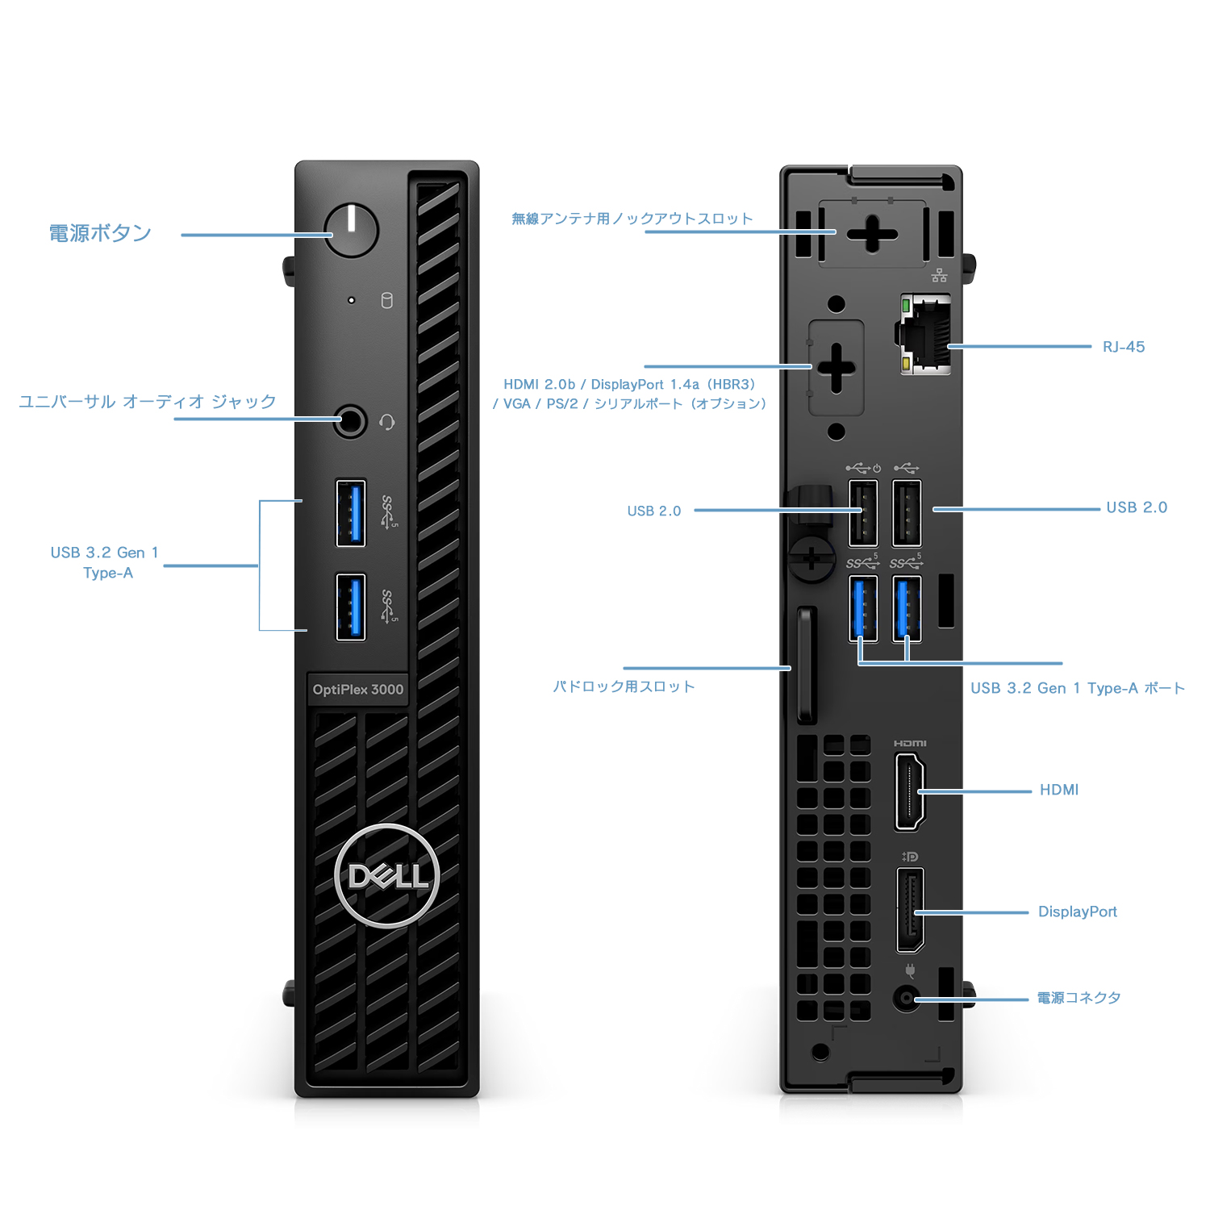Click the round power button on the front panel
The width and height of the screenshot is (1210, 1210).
click(351, 230)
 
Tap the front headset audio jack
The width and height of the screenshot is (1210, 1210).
click(350, 421)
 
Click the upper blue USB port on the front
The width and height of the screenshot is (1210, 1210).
click(351, 513)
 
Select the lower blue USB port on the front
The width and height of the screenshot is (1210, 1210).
click(351, 607)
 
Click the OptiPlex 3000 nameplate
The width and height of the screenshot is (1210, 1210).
click(358, 690)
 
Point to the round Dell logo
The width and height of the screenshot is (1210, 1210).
click(387, 876)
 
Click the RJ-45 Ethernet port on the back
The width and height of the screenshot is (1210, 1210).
click(925, 334)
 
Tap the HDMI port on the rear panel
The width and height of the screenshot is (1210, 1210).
click(909, 791)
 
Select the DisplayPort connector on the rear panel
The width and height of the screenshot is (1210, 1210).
click(910, 911)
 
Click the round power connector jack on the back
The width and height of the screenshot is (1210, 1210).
click(907, 999)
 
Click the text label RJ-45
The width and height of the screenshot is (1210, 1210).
click(1124, 347)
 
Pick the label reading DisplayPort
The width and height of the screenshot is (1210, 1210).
click(1078, 912)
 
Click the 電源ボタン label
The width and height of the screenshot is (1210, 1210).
click(100, 233)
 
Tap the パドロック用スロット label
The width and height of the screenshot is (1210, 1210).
click(624, 686)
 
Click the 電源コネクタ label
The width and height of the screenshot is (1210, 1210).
click(1079, 998)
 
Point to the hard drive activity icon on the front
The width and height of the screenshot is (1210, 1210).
click(387, 300)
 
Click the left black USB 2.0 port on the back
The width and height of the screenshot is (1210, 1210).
click(863, 513)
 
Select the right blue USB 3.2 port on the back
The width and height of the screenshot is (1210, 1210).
click(907, 609)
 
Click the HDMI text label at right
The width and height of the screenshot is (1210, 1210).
click(1059, 790)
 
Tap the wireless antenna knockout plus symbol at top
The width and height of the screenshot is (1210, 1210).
click(872, 234)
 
